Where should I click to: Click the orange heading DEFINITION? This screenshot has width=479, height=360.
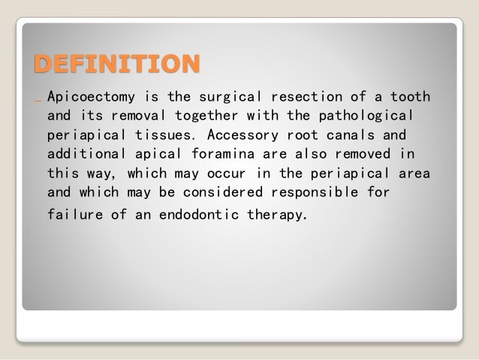116,64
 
